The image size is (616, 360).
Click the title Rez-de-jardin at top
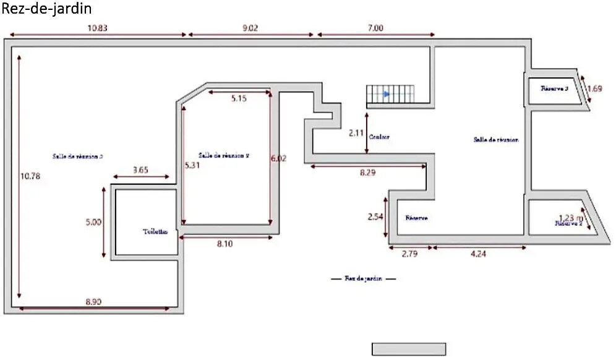[47, 9]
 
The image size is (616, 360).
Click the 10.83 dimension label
[98, 27]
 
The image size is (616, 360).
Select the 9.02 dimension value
[252, 27]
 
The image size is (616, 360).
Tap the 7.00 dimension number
[375, 27]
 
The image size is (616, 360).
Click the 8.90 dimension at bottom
[94, 302]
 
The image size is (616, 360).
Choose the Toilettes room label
[155, 232]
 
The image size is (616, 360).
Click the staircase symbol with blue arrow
[390, 95]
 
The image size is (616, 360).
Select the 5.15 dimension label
[239, 98]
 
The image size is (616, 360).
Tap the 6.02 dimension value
[279, 158]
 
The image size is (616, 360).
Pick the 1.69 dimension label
[594, 88]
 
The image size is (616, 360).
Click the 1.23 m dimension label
[571, 217]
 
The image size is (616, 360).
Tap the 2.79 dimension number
[409, 254]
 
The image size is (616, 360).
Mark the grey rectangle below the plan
[409, 349]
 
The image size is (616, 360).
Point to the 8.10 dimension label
[225, 244]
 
